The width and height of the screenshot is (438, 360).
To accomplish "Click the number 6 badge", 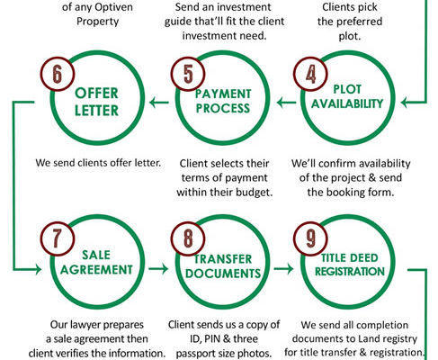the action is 58,74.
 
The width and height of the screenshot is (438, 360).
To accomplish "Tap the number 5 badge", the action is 188,74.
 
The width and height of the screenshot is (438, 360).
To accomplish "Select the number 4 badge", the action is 310,74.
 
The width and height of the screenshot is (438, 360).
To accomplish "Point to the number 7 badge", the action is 58,238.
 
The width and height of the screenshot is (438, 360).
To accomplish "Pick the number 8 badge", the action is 188,238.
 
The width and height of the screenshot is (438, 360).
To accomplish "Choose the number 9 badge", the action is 310,238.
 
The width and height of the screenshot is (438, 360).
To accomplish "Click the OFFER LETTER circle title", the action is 96,102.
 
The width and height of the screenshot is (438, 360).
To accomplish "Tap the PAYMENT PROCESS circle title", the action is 223,101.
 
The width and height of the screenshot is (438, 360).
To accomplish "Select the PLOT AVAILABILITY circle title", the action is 347,96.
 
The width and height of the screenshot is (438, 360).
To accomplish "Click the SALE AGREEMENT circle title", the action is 96,262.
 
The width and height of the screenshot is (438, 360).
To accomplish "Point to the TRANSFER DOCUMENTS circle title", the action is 223,266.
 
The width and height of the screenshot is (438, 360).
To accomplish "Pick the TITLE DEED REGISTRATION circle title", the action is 350,265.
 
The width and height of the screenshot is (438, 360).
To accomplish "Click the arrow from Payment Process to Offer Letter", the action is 159,103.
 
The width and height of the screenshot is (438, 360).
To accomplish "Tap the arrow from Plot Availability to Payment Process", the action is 286,103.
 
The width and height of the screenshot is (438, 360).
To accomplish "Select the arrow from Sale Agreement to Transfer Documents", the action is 158,268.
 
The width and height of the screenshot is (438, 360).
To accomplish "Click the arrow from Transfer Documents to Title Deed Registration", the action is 283,268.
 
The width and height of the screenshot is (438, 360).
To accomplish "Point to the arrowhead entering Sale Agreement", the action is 38,269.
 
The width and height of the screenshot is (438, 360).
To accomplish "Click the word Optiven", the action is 115,7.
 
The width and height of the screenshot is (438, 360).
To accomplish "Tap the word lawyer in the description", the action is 82,325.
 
